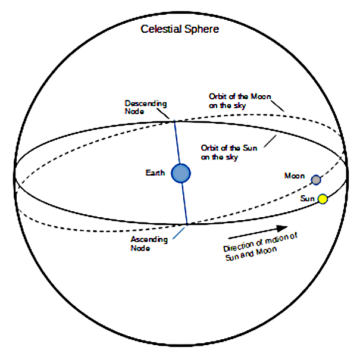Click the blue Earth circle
tap(180, 173)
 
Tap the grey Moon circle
tap(316, 180)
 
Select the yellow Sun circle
tap(323, 199)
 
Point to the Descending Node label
tap(146, 106)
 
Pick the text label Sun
tap(307, 199)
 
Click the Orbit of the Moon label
tap(236, 101)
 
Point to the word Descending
tap(146, 102)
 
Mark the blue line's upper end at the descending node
tap(174, 120)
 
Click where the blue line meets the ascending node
tap(187, 224)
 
